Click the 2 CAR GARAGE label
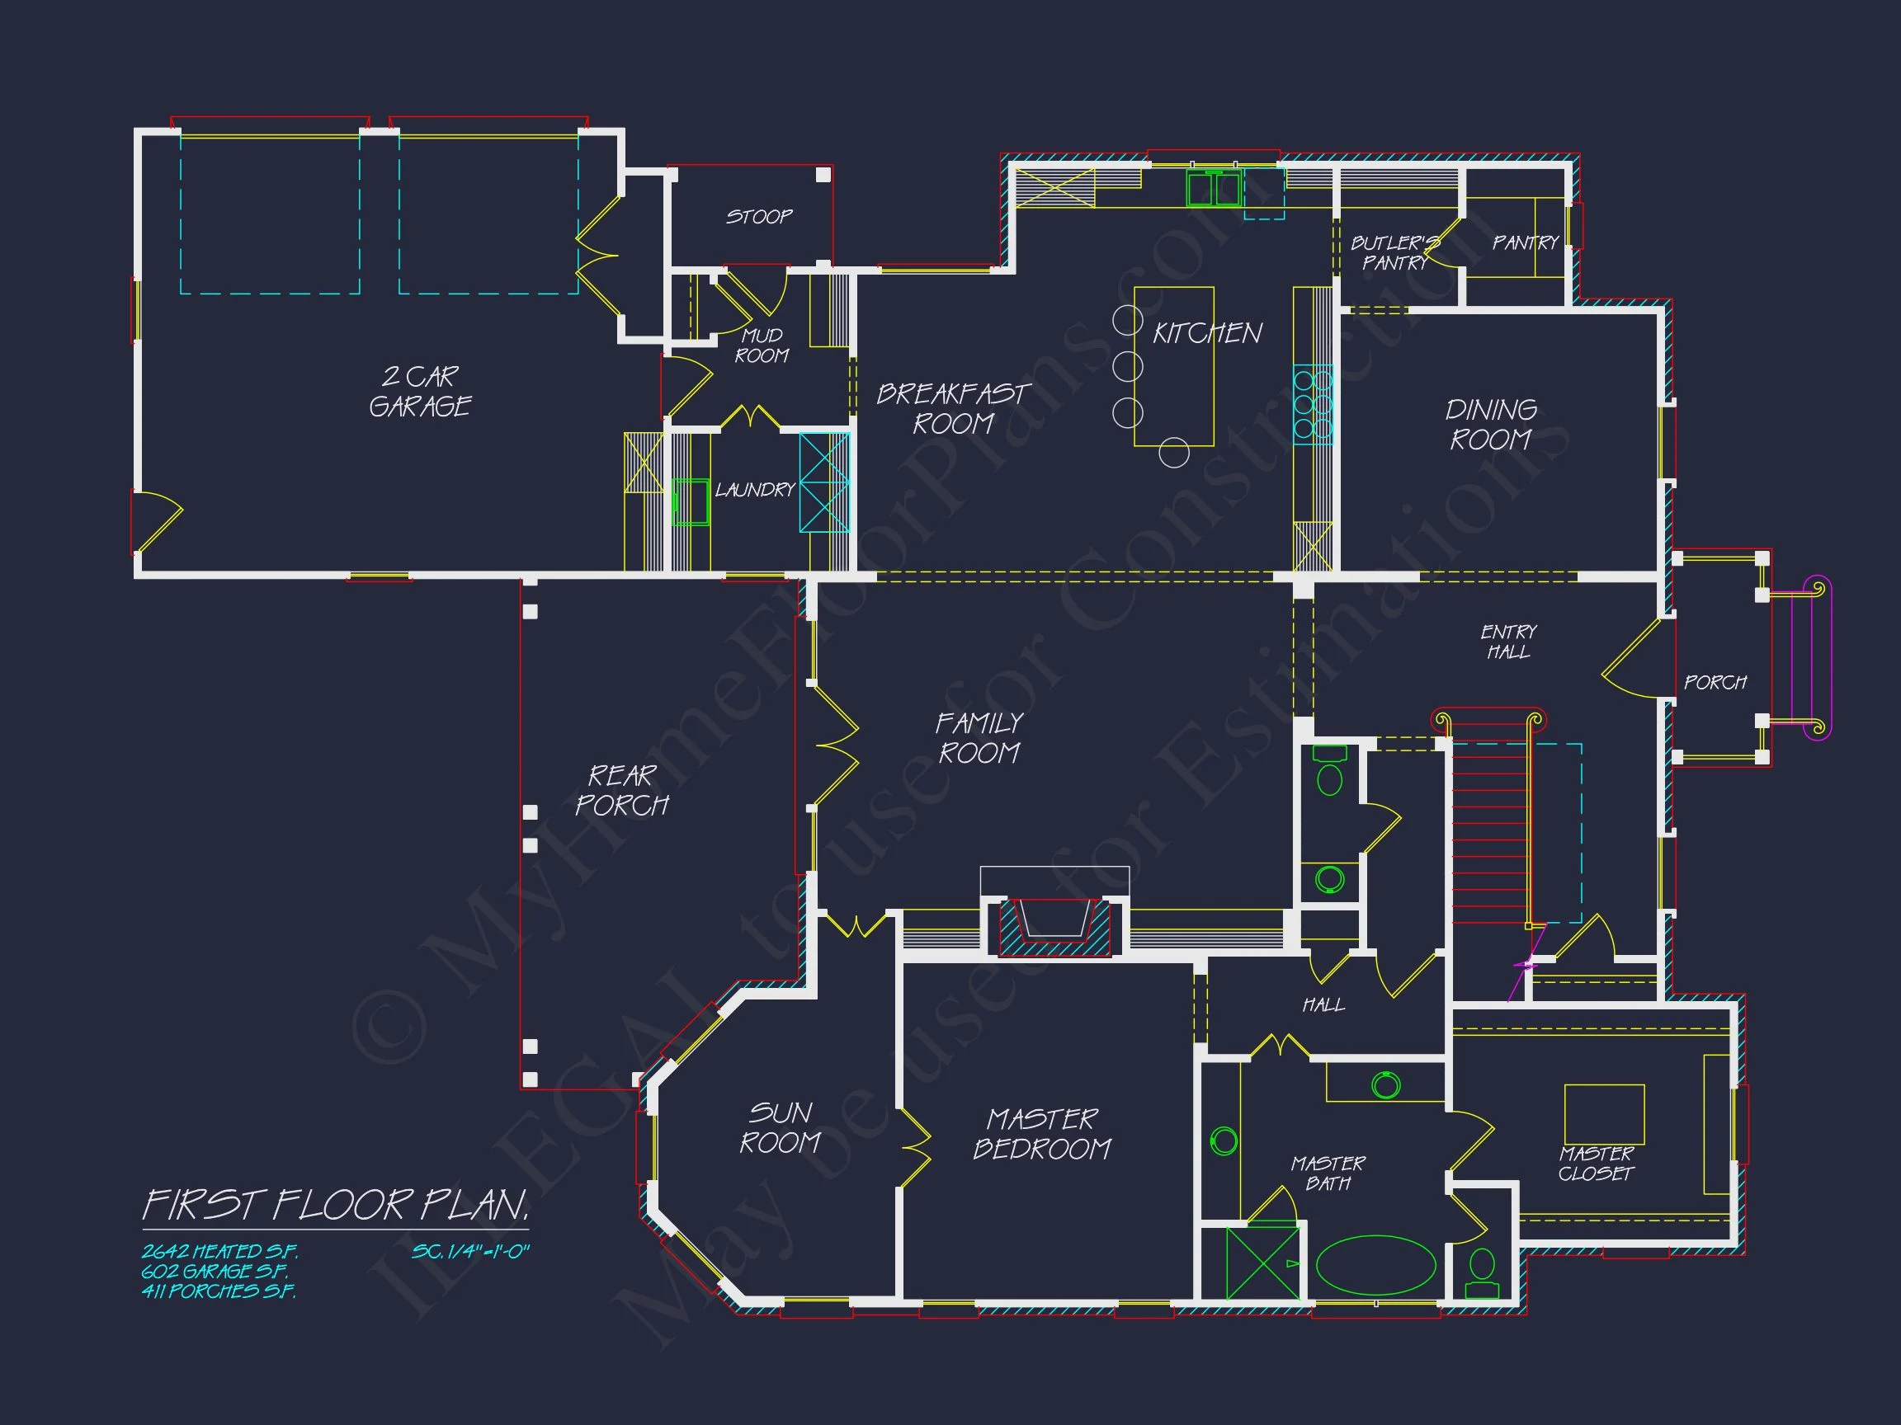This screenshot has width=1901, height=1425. pos(419,391)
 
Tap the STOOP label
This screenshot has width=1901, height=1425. pos(759,216)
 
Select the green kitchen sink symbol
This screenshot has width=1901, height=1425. pos(1213,188)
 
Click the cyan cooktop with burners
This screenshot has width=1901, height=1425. pos(1313,404)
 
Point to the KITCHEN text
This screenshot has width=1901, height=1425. pos(1206,333)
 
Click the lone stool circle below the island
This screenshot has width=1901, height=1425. pos(1174,453)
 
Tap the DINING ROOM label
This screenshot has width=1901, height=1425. pos(1491,425)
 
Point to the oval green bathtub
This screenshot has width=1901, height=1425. pos(1376,1264)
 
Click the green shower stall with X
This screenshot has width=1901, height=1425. pos(1262,1263)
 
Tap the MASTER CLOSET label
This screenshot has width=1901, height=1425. pos(1596,1164)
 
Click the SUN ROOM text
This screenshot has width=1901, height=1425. pos(780,1128)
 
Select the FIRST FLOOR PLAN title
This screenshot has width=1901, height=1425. pos(335,1205)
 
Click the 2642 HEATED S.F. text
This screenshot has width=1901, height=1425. pos(220,1252)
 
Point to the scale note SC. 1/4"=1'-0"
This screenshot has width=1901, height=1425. pos(471,1252)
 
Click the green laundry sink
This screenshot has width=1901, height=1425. pos(690,501)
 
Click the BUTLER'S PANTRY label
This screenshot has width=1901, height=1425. pos(1394,252)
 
